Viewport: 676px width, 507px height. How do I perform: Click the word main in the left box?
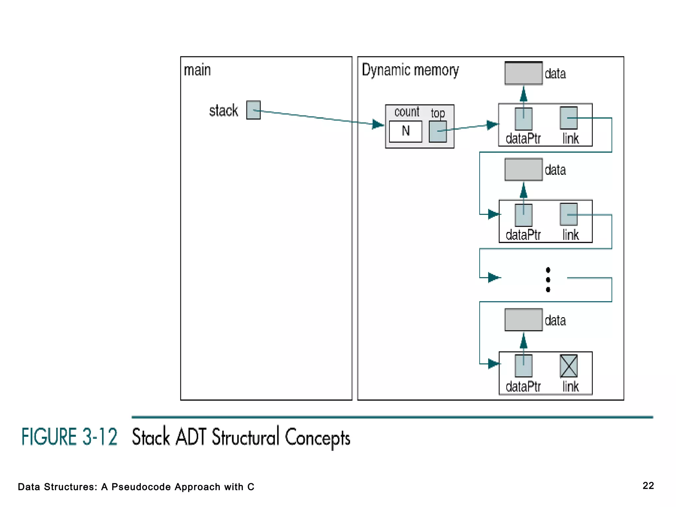tap(197, 70)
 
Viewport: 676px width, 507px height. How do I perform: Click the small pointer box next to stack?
tap(253, 110)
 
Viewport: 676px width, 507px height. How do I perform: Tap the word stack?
tap(223, 111)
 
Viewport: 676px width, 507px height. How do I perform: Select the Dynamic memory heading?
tap(410, 70)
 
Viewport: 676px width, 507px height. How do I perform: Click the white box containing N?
tap(405, 131)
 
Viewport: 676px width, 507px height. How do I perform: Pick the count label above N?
tap(407, 112)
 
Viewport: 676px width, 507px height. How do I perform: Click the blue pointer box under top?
tap(438, 131)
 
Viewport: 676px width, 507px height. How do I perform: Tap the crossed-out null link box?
tap(568, 366)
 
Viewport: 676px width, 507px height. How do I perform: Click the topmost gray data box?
tap(523, 73)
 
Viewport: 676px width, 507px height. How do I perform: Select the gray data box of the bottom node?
tap(523, 320)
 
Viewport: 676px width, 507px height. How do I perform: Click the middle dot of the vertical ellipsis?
tap(548, 280)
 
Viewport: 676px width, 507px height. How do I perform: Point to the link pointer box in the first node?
tap(568, 118)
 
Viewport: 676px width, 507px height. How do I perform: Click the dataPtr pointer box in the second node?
tap(523, 215)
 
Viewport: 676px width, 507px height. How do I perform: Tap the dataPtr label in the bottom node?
tap(523, 387)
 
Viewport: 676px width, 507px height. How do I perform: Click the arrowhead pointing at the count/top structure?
tap(378, 124)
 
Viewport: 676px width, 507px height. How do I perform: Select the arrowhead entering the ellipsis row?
tap(494, 277)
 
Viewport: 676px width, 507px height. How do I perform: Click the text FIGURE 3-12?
tap(69, 437)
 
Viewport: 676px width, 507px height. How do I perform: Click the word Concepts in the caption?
tap(317, 438)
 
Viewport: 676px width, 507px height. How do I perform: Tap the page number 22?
tap(648, 486)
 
